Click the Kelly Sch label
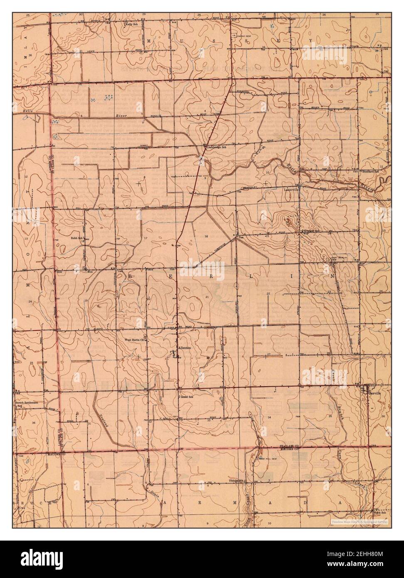click(x=132, y=25)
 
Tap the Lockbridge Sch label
click(x=215, y=147)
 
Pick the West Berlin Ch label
click(x=135, y=340)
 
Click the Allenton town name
click(x=184, y=347)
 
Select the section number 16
click(x=205, y=236)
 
